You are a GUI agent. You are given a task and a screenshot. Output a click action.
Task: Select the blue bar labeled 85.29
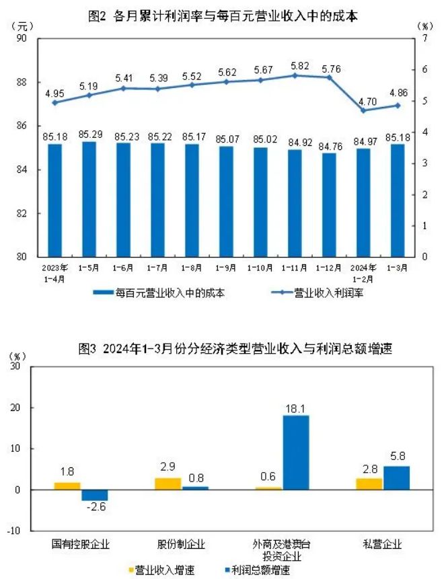88,199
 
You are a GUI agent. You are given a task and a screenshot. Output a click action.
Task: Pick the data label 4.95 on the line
54,90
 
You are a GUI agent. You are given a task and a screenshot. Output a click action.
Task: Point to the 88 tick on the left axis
22,82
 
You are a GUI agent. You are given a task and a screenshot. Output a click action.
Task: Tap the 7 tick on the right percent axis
424,39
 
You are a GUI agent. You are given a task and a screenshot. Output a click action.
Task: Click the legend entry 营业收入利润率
319,293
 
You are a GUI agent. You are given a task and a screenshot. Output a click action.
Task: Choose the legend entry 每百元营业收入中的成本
159,293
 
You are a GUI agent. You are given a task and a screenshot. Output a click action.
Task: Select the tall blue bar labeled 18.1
295,452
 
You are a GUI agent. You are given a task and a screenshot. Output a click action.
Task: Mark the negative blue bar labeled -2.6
95,495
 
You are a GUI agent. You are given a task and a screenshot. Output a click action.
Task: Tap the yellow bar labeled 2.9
168,484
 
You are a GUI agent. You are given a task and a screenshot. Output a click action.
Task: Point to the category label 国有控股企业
81,543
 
